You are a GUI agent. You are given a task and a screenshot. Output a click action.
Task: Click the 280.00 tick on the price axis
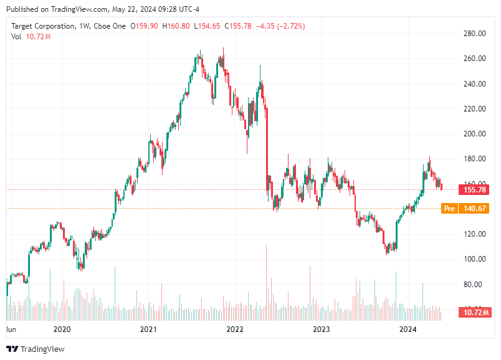point(475,34)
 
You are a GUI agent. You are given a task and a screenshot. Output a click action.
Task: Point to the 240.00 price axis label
point(475,84)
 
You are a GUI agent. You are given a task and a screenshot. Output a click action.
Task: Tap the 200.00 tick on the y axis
point(475,134)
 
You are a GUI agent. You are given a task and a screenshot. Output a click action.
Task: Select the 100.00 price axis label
point(475,259)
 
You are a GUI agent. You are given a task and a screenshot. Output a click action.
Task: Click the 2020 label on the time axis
point(62,329)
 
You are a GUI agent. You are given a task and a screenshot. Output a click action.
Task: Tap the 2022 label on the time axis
point(235,329)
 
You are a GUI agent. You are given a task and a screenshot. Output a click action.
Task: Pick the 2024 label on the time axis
point(408,329)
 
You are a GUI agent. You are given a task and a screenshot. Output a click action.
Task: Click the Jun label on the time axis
point(11,329)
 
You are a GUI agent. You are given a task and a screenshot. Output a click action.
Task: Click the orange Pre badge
point(449,209)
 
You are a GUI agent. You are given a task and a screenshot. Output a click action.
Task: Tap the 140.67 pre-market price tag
point(474,209)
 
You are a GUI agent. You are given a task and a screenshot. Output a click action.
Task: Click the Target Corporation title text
point(42,26)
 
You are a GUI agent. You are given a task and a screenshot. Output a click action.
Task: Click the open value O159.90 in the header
point(143,26)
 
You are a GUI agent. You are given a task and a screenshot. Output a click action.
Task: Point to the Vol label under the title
point(17,37)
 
